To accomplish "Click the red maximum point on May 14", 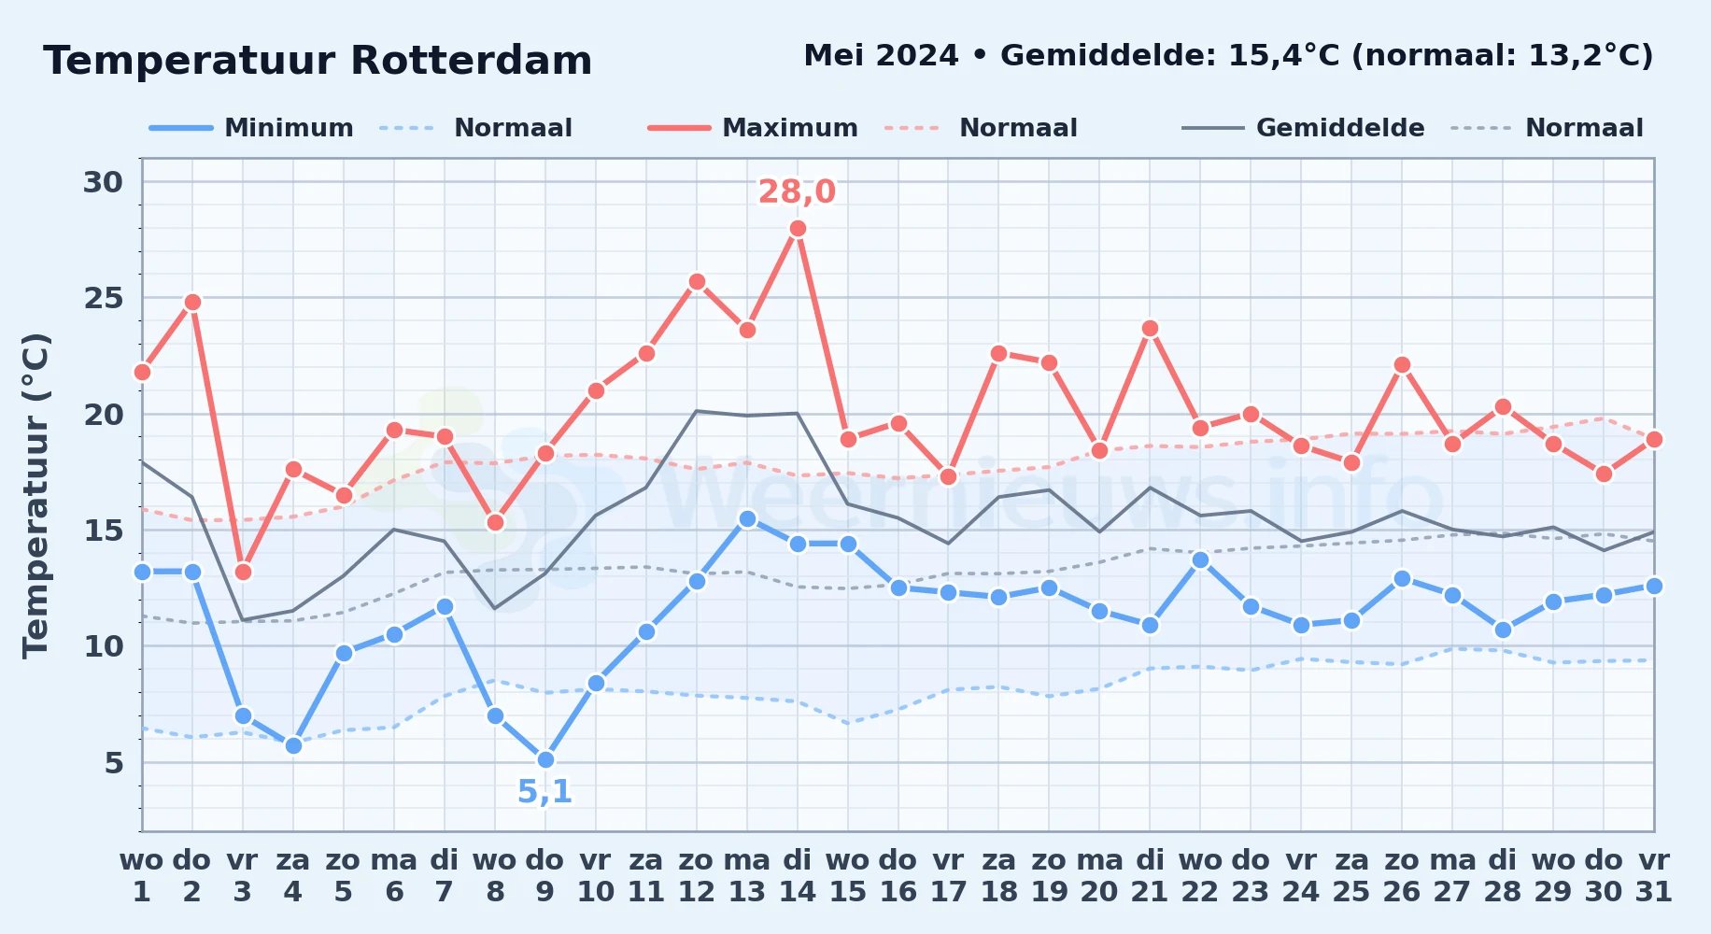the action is (798, 229).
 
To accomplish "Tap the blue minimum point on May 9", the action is (545, 760).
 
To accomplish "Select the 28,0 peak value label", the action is (797, 191).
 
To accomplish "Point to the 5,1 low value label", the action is (544, 792).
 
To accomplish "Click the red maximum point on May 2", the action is (192, 303).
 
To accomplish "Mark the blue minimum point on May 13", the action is (747, 518).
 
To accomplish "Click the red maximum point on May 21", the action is (1150, 329).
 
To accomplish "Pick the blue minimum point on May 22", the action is (1200, 560).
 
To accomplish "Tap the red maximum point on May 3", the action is (243, 572).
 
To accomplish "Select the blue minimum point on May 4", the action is (293, 745).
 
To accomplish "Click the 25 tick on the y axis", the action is (104, 298).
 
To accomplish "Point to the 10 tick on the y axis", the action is (104, 646).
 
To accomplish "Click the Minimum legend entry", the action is (252, 128).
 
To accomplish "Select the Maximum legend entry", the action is (753, 128).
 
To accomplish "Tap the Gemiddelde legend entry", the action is (1304, 128).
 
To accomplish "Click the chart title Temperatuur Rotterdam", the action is (318, 61).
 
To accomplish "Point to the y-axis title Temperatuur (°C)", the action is (35, 495).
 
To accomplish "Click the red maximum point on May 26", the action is (1402, 365).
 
